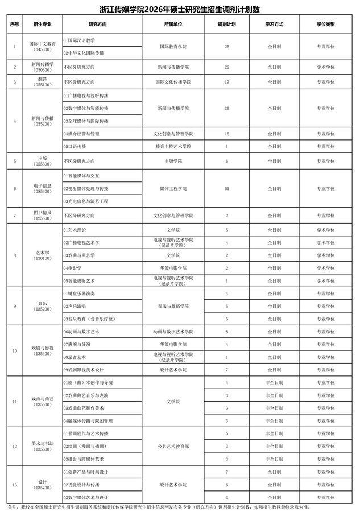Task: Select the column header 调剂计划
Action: pos(227,25)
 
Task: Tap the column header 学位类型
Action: pos(326,25)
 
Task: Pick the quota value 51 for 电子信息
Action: pos(227,188)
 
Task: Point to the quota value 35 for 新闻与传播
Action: pos(227,108)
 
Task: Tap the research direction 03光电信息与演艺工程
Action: pos(86,201)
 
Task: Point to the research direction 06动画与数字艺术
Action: pos(82,331)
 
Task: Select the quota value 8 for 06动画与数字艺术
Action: pos(227,331)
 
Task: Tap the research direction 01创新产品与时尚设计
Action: pos(86,472)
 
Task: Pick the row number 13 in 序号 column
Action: pos(14,485)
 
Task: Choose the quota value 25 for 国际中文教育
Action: pos(227,46)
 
